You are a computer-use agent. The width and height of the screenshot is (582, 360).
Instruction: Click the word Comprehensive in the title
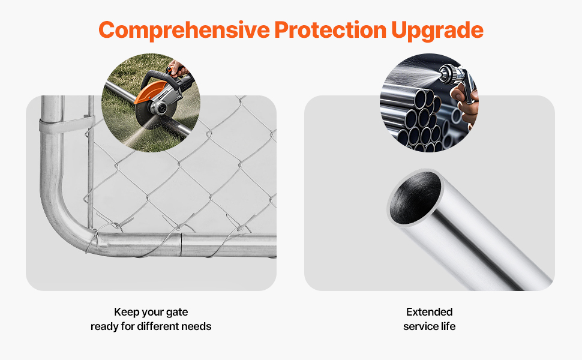[184, 31]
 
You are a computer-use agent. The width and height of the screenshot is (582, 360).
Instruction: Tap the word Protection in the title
[331, 29]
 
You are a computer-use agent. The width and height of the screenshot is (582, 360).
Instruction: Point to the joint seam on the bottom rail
[181, 245]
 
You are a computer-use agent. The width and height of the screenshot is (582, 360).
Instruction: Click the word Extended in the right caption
[430, 312]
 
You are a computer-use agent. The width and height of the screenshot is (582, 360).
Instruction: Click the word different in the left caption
[162, 326]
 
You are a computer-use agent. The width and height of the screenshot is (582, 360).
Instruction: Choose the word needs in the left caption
[201, 326]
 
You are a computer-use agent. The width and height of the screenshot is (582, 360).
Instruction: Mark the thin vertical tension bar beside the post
[91, 163]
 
